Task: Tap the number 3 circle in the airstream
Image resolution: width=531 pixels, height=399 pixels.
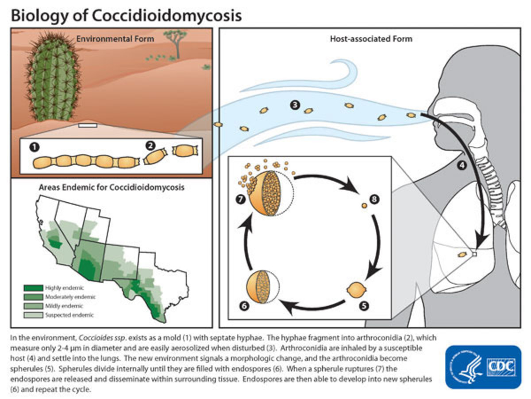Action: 295,105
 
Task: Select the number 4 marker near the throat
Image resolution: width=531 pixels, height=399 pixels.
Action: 462,166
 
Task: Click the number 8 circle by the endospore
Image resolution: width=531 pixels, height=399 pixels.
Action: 375,199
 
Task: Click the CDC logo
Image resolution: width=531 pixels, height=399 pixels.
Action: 484,366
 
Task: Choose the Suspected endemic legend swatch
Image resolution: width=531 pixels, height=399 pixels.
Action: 37,315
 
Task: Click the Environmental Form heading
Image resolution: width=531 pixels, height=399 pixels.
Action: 115,39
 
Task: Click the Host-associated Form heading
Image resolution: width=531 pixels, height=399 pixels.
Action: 371,39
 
